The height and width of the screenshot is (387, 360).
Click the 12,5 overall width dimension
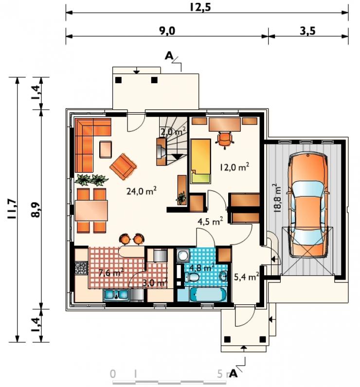(200, 7)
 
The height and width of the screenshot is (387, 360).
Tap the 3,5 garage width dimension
(307, 31)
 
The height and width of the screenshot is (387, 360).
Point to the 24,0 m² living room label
(141, 191)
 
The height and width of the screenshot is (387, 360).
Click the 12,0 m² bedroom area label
(234, 167)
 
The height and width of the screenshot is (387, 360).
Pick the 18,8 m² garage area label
(277, 198)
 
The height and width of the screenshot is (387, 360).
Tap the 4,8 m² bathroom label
(201, 267)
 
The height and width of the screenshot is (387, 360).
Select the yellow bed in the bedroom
(200, 161)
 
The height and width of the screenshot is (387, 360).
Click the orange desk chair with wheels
(225, 140)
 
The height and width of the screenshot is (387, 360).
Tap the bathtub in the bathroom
(208, 295)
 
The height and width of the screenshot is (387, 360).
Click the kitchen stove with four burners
(81, 268)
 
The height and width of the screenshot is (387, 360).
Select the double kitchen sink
(116, 295)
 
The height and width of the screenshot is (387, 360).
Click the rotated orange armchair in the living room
(123, 167)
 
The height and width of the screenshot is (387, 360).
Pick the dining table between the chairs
(91, 211)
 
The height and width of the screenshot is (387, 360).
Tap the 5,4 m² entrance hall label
(246, 277)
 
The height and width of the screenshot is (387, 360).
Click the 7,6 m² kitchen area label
(110, 273)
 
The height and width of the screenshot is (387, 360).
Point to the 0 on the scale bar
(112, 374)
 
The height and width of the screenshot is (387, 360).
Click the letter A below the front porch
(233, 374)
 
